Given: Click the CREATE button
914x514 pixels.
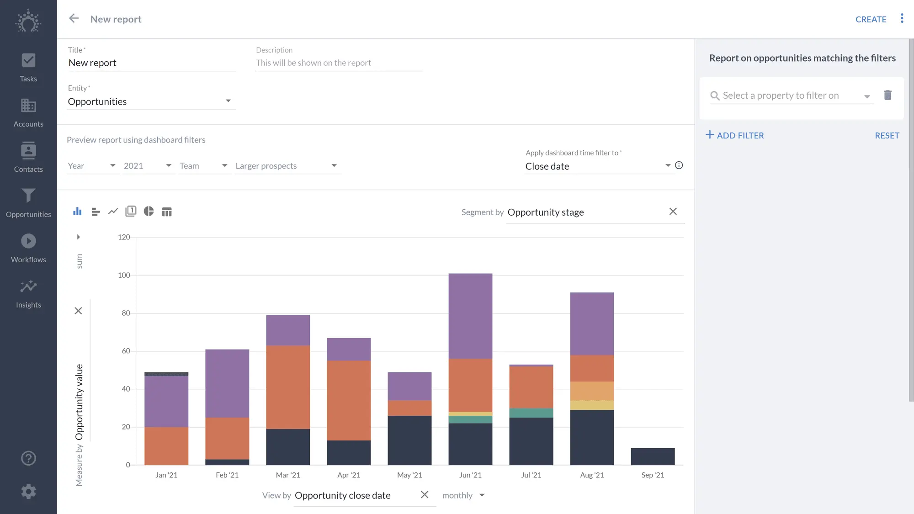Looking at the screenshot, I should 871,19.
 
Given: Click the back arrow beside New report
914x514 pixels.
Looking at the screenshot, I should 74,18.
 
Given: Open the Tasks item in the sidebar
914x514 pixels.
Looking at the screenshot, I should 28,68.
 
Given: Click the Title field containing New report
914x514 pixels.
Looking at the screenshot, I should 151,63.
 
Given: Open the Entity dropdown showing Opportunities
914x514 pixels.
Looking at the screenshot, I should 151,101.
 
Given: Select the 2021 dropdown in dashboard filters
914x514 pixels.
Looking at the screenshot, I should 148,166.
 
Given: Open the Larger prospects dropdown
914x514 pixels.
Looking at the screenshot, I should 287,166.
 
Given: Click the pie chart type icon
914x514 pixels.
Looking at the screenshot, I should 149,211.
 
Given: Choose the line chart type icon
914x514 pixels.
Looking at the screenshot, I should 113,211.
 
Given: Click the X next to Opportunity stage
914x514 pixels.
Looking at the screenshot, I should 673,211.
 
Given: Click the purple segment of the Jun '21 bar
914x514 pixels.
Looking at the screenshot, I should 470,315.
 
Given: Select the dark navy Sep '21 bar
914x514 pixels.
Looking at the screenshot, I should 653,456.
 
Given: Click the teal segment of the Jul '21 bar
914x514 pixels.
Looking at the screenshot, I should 531,413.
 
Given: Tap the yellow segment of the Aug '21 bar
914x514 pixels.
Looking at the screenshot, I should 592,405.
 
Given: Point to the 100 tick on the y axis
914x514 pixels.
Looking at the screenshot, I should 124,275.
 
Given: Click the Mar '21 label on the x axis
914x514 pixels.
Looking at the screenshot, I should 288,475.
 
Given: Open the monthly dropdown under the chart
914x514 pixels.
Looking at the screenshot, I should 463,495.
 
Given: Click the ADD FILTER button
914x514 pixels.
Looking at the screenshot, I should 734,135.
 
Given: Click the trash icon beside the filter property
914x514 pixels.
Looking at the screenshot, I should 887,95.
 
